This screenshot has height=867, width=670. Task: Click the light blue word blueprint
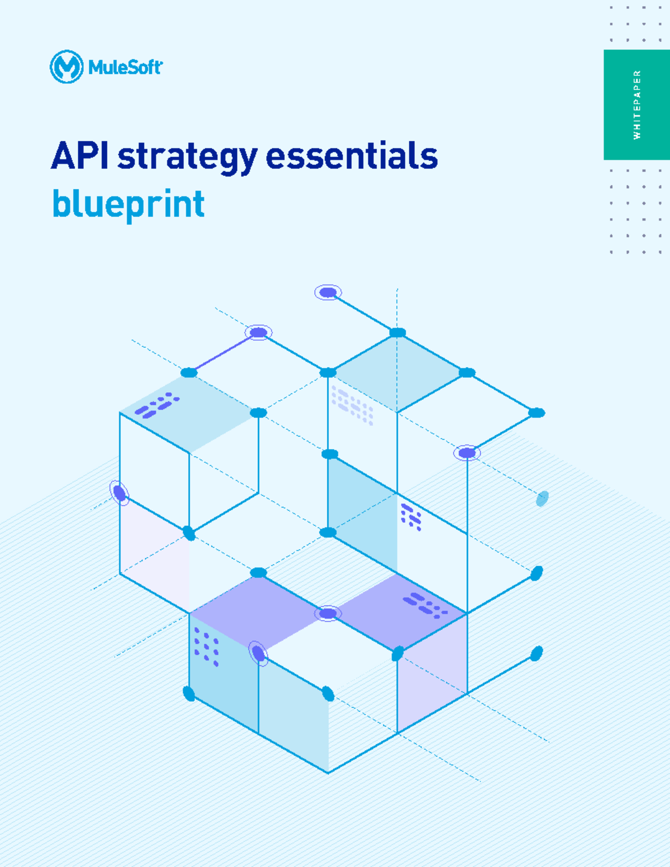128,204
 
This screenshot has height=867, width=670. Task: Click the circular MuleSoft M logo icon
66,67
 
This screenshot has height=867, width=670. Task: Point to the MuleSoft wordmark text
125,68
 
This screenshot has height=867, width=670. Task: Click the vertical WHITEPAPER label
637,104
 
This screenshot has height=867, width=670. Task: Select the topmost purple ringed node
328,292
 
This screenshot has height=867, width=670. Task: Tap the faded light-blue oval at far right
542,499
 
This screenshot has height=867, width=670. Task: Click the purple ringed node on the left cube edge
119,493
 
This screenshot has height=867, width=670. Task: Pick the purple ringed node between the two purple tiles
328,614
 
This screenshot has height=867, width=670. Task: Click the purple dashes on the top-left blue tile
157,406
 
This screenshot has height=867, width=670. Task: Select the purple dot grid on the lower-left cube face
206,646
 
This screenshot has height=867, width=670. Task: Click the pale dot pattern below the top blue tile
352,405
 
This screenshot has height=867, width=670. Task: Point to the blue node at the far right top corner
536,413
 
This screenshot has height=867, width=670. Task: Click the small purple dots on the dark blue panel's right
411,517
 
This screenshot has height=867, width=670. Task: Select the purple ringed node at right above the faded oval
467,453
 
